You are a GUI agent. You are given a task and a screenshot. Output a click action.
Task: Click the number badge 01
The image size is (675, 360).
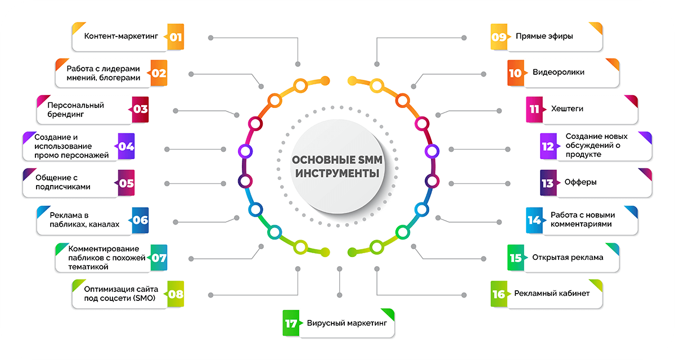click(x=175, y=37)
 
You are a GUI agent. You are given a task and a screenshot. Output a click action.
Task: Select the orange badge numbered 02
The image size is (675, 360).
click(x=159, y=73)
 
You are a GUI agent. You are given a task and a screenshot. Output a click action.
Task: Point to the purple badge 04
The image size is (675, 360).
click(x=126, y=147)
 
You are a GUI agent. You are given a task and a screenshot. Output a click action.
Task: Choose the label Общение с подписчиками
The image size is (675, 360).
click(x=62, y=182)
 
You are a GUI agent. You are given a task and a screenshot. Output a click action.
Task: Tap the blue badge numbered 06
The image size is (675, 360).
click(x=140, y=220)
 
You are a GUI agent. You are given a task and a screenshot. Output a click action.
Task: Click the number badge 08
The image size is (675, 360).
click(x=175, y=294)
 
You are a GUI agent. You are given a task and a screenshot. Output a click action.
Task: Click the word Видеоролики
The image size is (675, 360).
click(x=558, y=73)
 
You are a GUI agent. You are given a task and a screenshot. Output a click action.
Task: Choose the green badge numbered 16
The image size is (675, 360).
click(x=499, y=294)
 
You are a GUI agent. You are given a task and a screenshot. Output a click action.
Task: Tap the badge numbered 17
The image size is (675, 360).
click(x=291, y=324)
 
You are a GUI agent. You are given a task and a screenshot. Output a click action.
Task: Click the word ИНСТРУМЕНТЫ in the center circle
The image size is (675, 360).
click(x=337, y=174)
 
